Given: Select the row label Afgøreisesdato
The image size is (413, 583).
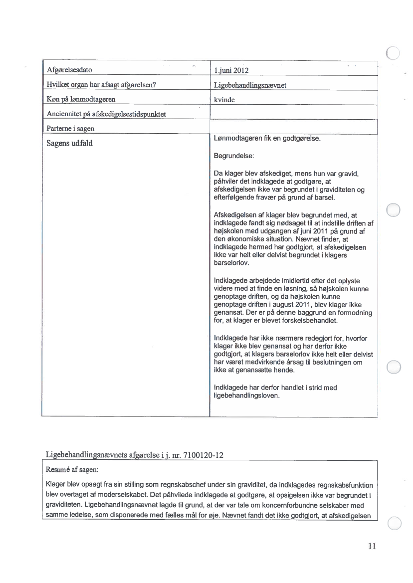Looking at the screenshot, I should click(x=70, y=69).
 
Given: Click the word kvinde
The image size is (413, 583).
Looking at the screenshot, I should click(x=224, y=99).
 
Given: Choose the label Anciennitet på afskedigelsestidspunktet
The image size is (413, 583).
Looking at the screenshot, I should click(x=106, y=114).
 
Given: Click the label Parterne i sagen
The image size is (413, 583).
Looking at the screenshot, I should click(x=70, y=129).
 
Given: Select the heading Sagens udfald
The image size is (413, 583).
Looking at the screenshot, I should click(x=70, y=144).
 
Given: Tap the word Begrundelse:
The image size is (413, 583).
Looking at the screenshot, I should click(x=234, y=156).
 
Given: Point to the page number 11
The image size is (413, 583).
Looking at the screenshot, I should click(x=371, y=546).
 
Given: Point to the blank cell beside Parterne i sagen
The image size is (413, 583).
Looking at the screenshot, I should click(x=293, y=129).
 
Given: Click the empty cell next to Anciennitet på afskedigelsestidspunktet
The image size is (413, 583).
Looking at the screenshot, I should click(x=293, y=114).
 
